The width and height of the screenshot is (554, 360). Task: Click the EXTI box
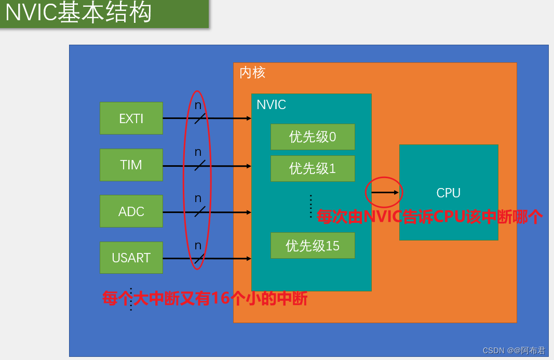coord(131,118)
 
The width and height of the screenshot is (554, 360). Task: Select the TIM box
coord(131,165)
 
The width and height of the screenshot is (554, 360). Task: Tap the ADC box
coord(131,211)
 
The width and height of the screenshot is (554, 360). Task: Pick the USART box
coord(131,258)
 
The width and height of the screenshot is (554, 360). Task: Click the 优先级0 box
coord(313,137)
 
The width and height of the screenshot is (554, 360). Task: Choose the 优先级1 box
coord(313,168)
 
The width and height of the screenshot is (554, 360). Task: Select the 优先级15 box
coord(313,245)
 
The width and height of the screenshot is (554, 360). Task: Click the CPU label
coord(448,193)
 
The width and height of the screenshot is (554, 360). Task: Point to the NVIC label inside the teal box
coord(271,105)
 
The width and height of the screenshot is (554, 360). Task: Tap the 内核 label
coord(252,72)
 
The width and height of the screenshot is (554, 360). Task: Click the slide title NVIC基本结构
coord(78,13)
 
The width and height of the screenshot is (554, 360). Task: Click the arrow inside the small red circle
coord(384,192)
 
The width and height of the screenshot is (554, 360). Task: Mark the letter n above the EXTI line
coord(198,105)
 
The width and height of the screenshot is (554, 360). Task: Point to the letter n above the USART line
coord(198,245)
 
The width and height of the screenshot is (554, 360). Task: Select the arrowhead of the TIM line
coord(249,166)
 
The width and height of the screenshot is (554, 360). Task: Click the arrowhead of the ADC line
coord(249,212)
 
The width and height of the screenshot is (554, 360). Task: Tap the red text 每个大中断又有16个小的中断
coord(205,299)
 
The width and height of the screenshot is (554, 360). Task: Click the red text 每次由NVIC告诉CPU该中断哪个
coord(430,217)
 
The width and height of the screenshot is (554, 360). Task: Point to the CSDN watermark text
coord(514,351)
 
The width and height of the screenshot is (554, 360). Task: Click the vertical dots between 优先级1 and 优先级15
coord(310,206)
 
